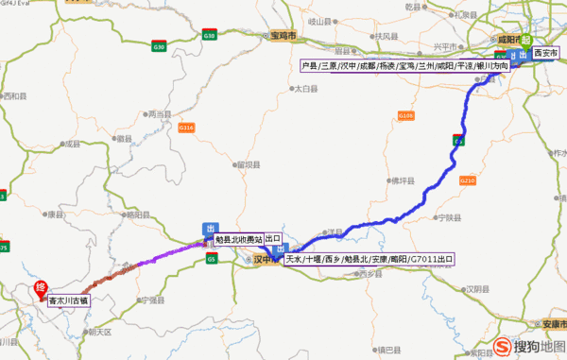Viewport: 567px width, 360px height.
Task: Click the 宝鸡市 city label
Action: (280, 35)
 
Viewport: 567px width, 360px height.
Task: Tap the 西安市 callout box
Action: (545, 54)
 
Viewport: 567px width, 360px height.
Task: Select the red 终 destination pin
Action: (41, 287)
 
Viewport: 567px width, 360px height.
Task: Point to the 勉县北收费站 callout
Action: (238, 239)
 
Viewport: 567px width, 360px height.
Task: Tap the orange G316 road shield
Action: (186, 127)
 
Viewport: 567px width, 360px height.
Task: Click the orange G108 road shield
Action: (406, 115)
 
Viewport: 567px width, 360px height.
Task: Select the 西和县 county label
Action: (17, 95)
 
